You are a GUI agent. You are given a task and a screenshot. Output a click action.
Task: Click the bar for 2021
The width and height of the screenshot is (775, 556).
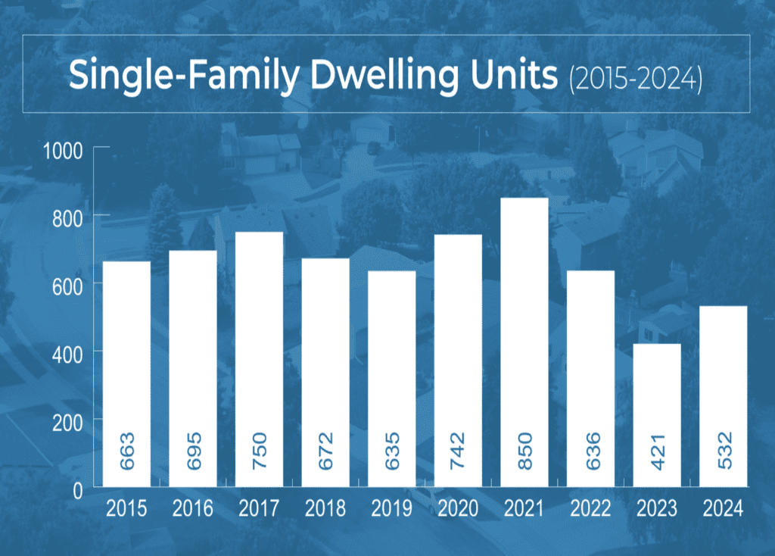[x=524, y=341]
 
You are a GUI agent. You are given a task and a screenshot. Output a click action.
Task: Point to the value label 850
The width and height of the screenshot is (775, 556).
[x=524, y=450]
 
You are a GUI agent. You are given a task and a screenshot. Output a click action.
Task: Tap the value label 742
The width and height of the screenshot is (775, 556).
[x=458, y=450]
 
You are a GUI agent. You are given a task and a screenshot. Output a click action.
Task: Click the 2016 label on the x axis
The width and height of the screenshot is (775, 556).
[x=192, y=508]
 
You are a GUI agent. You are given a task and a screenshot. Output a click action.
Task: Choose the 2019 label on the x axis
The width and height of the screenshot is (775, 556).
[x=391, y=508]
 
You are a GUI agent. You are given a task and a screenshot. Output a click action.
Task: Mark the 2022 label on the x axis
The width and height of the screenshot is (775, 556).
[x=590, y=508]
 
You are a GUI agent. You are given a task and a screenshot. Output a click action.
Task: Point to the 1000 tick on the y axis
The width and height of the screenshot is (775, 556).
[x=63, y=150]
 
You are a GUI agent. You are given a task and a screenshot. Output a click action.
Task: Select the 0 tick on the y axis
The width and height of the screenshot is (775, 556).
[x=77, y=490]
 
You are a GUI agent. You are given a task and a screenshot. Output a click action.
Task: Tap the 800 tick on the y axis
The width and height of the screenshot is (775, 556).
[x=67, y=217]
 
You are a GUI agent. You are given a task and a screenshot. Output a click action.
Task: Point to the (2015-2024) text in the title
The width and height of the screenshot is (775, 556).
[x=635, y=78]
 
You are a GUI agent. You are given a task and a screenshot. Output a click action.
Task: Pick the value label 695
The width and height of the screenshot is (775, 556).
[x=193, y=450]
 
